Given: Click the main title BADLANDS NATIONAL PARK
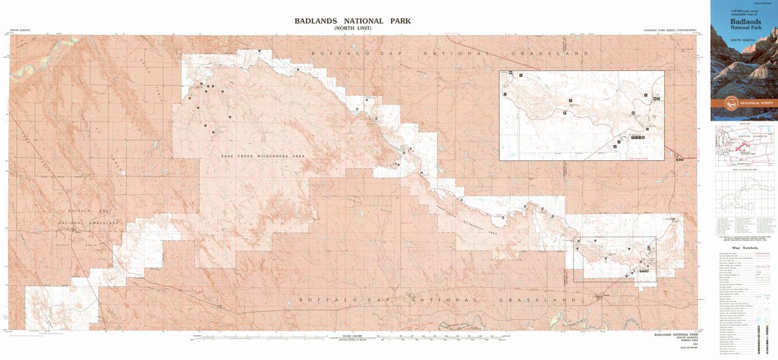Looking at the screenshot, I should point(352,21).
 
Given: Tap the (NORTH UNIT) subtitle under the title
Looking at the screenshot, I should point(352,29).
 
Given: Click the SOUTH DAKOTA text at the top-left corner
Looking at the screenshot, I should point(20,30).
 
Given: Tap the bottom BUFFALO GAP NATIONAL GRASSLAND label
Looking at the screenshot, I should point(438,300).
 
